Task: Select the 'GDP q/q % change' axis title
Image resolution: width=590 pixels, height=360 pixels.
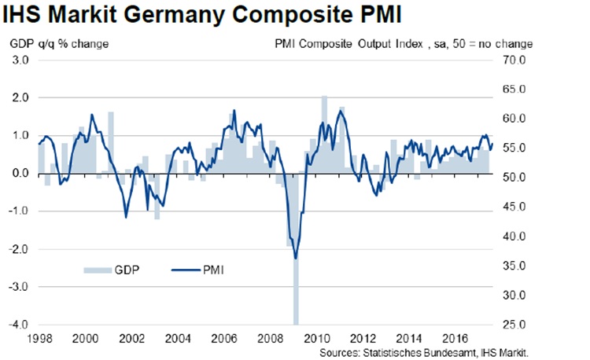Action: point(60,43)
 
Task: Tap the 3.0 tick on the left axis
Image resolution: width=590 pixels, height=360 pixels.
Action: point(20,60)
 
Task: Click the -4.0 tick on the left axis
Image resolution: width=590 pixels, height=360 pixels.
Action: point(19,325)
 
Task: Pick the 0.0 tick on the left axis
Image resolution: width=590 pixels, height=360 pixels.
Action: point(20,174)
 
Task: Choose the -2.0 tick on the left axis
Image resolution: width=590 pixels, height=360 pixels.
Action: point(19,249)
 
